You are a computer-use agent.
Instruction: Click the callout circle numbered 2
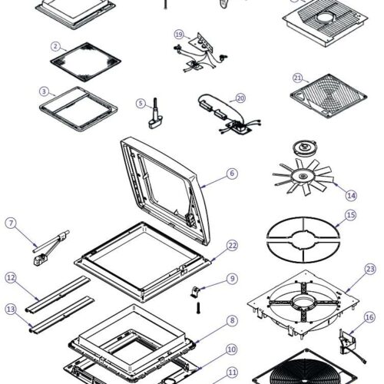tap(55, 47)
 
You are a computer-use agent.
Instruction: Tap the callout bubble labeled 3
tap(44, 91)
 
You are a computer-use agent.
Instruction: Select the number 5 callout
tap(141, 104)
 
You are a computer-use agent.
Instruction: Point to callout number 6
tap(232, 174)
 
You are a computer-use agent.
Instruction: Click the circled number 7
tap(11, 223)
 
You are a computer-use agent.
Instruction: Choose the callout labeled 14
tap(351, 196)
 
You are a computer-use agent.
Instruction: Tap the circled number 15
tap(351, 215)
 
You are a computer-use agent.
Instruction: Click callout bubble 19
tap(179, 35)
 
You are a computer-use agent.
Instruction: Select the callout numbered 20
tap(240, 98)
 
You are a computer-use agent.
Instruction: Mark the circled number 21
tap(297, 78)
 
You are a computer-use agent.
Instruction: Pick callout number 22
tap(232, 246)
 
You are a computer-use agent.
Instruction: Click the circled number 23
tap(370, 269)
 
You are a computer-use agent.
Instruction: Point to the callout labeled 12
tap(11, 278)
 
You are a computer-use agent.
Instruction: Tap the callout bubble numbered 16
tap(369, 317)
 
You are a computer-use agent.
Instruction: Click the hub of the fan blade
tap(303, 176)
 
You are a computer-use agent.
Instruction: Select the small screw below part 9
tap(198, 308)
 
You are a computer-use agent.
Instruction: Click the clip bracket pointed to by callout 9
tap(196, 292)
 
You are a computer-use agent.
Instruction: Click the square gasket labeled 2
tap(85, 62)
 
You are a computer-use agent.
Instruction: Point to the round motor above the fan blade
tap(305, 148)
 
